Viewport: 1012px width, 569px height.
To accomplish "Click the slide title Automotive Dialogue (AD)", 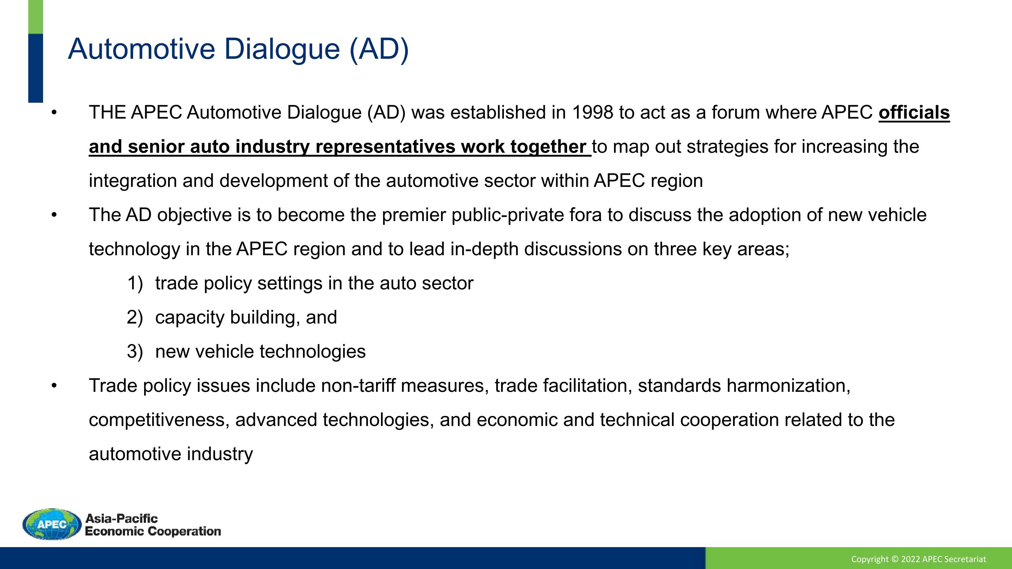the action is point(238,49).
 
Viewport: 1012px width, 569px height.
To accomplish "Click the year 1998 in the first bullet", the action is point(593,113).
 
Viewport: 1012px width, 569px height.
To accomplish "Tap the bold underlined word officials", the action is point(914,113).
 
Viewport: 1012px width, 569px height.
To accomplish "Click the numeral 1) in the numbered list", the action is point(135,283).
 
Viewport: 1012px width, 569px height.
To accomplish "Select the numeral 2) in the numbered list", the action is point(135,318).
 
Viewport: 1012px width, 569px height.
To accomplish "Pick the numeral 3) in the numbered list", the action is point(135,352).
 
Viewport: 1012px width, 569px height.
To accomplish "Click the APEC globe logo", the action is point(52,524).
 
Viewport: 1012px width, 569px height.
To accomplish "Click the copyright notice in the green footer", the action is point(919,559).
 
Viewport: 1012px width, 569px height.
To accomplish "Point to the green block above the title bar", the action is point(36,17).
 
